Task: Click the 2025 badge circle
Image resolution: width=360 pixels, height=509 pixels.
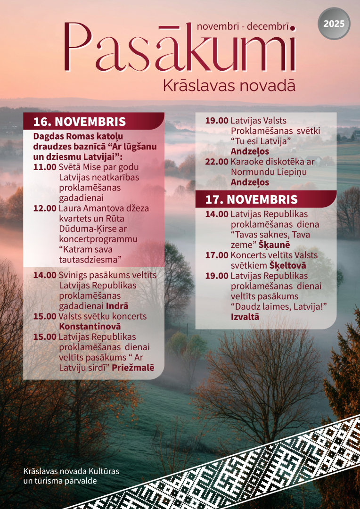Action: coord(334,24)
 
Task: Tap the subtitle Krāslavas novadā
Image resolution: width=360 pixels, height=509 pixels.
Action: coord(229,86)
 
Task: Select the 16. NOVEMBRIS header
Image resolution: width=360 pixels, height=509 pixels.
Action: coord(79,122)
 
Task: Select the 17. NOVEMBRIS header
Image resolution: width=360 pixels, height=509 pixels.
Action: coord(252,199)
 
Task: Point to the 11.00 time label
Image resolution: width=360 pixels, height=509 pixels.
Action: coord(45,167)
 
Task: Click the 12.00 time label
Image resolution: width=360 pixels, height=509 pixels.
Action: coord(45,208)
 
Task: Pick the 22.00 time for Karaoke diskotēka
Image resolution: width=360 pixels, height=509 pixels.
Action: coord(217,162)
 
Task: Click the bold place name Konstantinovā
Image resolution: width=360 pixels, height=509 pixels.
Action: coord(90,326)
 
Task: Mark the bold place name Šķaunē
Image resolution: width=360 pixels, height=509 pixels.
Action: coord(274,245)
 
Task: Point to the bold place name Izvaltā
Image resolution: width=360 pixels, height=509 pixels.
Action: coord(245,317)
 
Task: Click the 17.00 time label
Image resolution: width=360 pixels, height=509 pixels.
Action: coord(217,255)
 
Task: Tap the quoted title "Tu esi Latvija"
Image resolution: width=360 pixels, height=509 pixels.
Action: coord(261,141)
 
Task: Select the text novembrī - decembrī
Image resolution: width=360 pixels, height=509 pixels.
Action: coord(243,26)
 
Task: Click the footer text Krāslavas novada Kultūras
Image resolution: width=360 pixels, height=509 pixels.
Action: coord(71,471)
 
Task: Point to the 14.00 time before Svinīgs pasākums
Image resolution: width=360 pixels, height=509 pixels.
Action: coord(45,275)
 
